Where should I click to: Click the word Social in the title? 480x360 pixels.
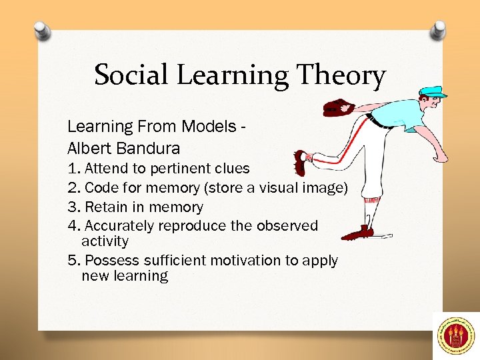pos(131,75)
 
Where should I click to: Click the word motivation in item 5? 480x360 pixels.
pos(248,261)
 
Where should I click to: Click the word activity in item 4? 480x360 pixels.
pos(105,241)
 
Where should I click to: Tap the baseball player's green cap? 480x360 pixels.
pos(433,91)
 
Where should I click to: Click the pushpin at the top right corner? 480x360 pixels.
pos(438,29)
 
